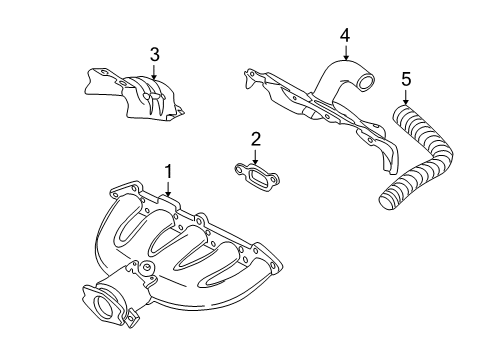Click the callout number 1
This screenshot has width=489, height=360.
point(169,171)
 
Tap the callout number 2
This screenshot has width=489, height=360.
point(256,138)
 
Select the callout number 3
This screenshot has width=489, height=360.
point(155,54)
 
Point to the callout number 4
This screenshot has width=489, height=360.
point(344,35)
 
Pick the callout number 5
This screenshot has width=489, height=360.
point(405,77)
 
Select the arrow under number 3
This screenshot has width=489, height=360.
point(155,70)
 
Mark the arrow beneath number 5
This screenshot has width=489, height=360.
point(405,96)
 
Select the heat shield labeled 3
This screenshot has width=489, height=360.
point(133,95)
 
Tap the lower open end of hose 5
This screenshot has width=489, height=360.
point(386,201)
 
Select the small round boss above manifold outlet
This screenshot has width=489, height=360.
point(146,266)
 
